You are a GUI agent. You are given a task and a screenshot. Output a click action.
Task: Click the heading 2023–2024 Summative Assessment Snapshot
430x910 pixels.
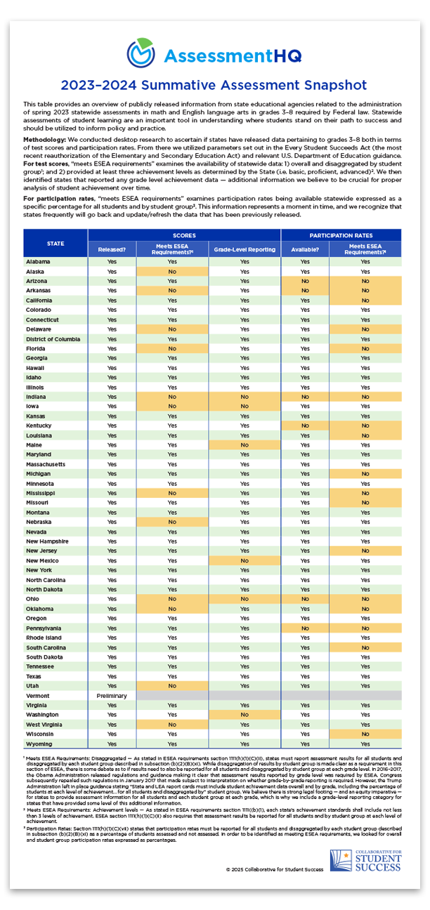(x=214, y=85)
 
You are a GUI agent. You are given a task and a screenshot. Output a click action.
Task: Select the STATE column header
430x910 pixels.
(x=55, y=243)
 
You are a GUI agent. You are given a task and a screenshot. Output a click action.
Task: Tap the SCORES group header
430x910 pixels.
(x=183, y=235)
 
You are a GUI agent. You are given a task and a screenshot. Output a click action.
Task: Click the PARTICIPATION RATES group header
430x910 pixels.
(x=341, y=235)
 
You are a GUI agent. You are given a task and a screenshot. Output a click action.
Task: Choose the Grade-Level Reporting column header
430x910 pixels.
(x=244, y=249)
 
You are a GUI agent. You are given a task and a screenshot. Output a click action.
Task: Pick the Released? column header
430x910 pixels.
(x=112, y=249)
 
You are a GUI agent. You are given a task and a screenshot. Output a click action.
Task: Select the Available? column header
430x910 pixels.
(x=305, y=249)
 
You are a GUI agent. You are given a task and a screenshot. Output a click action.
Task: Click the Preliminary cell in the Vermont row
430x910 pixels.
(x=112, y=694)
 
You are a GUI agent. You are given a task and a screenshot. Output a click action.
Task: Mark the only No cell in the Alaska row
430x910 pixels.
(x=172, y=271)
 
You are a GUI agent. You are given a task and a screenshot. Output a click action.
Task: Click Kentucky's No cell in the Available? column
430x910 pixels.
(x=305, y=426)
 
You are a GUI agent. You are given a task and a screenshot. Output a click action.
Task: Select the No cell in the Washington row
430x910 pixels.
(x=244, y=714)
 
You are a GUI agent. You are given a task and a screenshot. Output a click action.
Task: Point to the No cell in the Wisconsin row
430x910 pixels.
(x=365, y=734)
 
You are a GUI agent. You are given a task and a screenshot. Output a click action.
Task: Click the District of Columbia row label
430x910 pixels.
(x=53, y=338)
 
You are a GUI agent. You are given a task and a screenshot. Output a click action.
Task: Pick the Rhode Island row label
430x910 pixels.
(x=45, y=637)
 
